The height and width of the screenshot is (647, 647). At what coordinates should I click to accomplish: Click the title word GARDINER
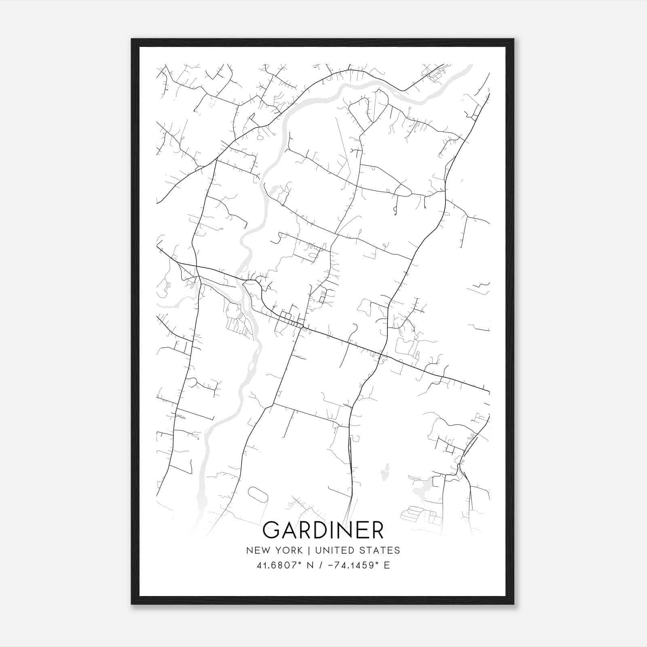click(323, 530)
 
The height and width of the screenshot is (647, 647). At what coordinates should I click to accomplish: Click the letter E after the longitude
click(387, 565)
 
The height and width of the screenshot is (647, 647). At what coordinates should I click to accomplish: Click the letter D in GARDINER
click(326, 530)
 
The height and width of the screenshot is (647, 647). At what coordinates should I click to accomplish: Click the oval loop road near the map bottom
click(258, 494)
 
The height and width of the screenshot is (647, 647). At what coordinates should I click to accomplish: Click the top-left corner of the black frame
click(132, 40)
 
